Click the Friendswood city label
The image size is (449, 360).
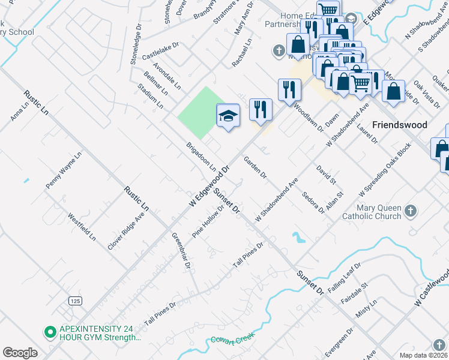tap(400, 125)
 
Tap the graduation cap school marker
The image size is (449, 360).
tap(228, 115)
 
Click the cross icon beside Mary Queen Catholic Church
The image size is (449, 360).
tap(411, 211)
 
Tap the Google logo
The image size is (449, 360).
tap(20, 353)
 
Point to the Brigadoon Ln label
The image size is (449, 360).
tap(201, 157)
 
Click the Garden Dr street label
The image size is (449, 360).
tap(255, 167)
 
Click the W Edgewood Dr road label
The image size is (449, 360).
tap(209, 187)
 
